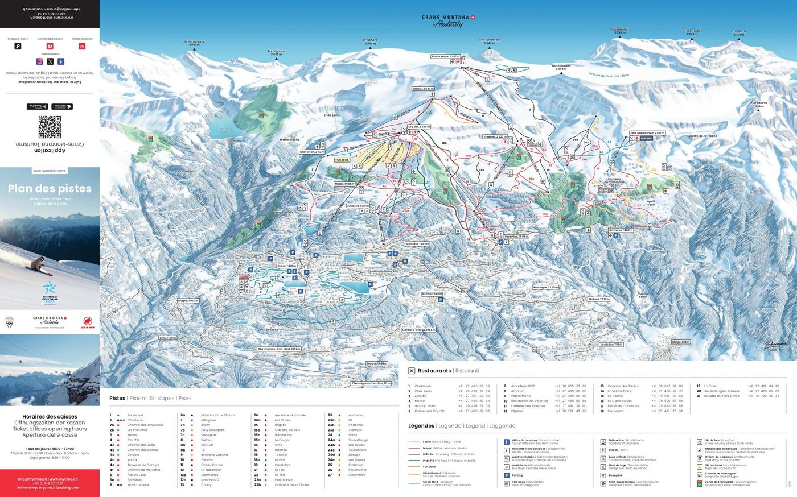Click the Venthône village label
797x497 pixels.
(611, 345)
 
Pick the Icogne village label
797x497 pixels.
(188, 300)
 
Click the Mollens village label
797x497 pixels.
(599, 299)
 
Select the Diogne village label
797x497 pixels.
(376, 363)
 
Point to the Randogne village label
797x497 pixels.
(545, 288)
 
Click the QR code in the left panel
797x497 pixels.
(50, 127)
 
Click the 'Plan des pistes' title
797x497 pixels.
(50, 189)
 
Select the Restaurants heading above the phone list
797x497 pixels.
(434, 371)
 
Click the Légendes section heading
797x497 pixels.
(421, 425)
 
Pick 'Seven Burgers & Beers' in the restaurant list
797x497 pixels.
(721, 391)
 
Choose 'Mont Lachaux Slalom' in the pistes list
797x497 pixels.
(217, 415)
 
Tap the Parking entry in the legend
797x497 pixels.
(517, 475)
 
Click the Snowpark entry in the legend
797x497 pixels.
(615, 475)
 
